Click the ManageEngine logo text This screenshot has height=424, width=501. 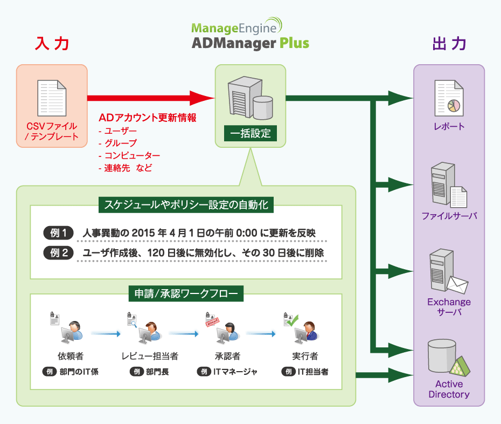coord(236,28)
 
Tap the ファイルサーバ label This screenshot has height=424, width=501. coord(449,216)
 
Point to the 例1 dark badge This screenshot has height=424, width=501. coord(58,234)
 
